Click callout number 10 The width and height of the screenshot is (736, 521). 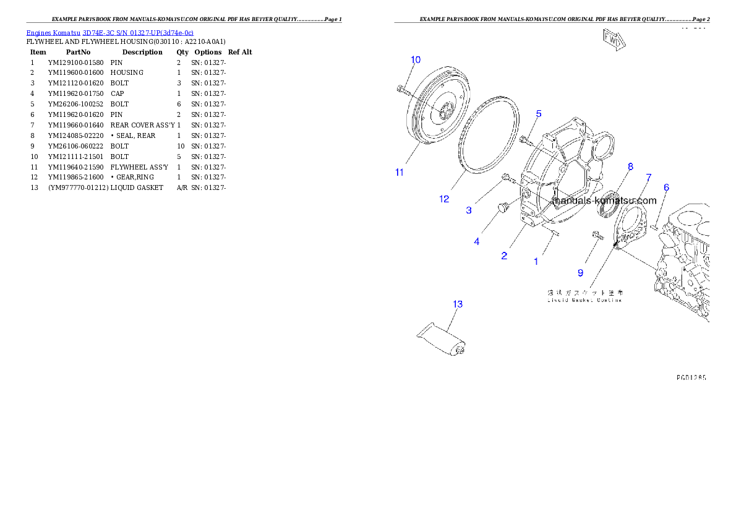416,59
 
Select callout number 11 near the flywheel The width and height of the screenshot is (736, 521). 400,172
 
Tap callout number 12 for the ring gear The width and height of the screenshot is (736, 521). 444,199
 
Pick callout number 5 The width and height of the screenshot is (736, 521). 539,114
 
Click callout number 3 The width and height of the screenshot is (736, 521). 469,210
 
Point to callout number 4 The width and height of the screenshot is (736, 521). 476,242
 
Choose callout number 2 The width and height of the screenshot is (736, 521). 504,256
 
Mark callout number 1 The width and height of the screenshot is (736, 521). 536,262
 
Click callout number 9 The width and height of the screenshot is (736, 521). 580,272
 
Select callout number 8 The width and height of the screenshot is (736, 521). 630,166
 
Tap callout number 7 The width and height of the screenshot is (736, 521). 648,178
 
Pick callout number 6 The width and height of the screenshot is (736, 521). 666,187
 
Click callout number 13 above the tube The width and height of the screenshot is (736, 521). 458,304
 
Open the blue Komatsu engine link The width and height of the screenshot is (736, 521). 109,32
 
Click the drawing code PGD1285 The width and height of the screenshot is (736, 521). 691,376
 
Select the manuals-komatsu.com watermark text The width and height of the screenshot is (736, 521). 604,201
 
